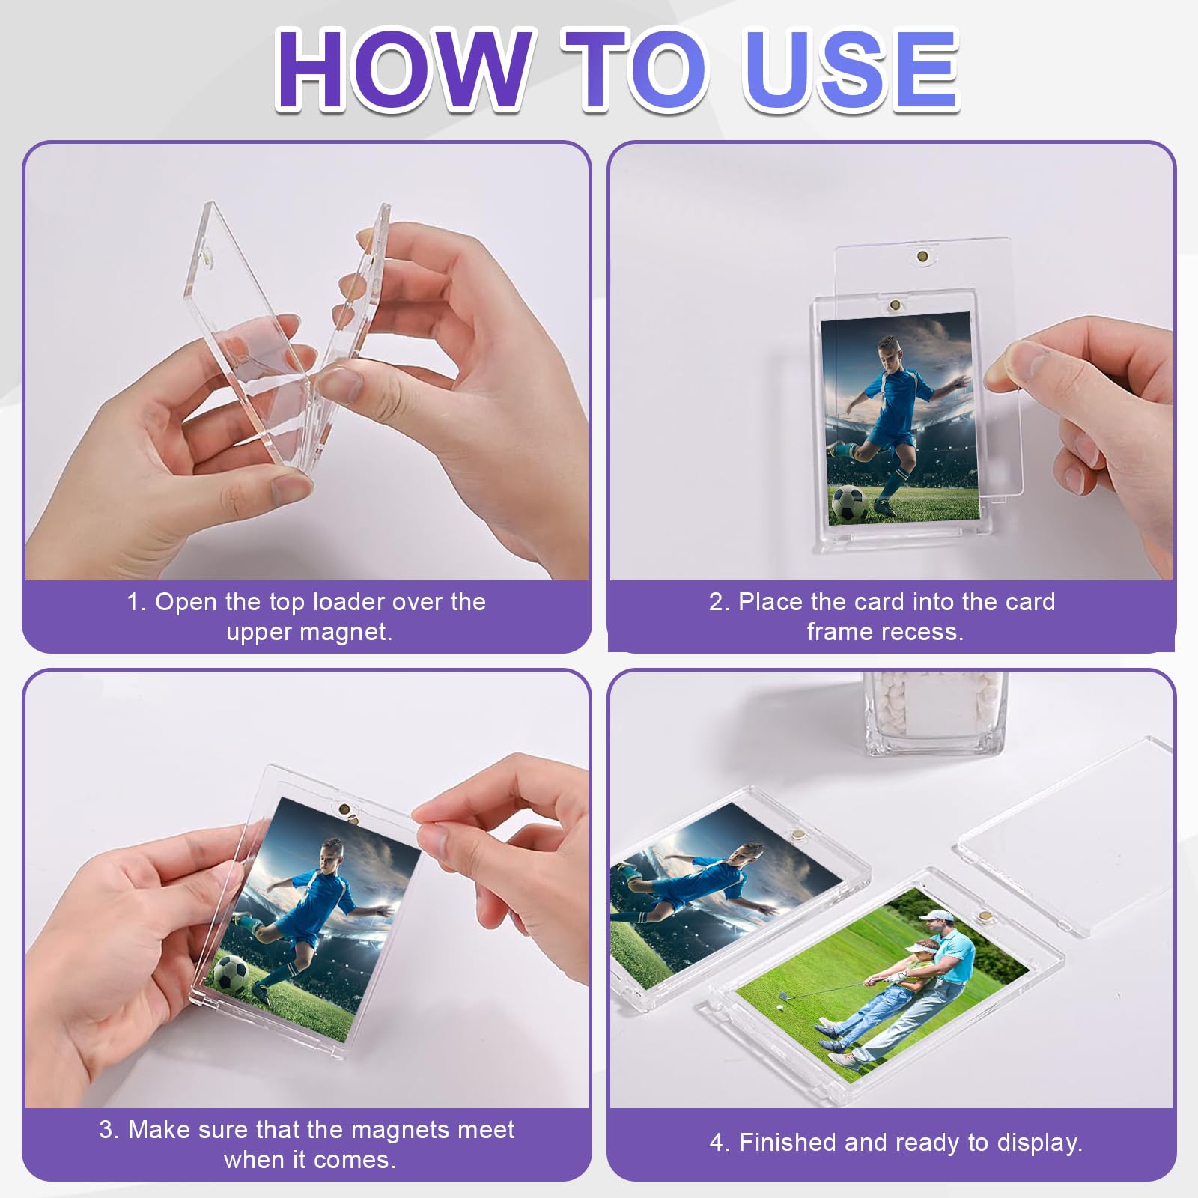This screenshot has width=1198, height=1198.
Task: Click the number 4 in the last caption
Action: pos(717,1143)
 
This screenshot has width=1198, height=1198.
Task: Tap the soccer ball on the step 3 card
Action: pos(231,973)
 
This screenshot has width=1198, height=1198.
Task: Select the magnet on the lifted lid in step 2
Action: pos(922,257)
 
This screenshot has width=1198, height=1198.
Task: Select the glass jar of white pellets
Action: pos(933,712)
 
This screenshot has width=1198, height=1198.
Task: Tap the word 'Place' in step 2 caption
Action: pos(770,602)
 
